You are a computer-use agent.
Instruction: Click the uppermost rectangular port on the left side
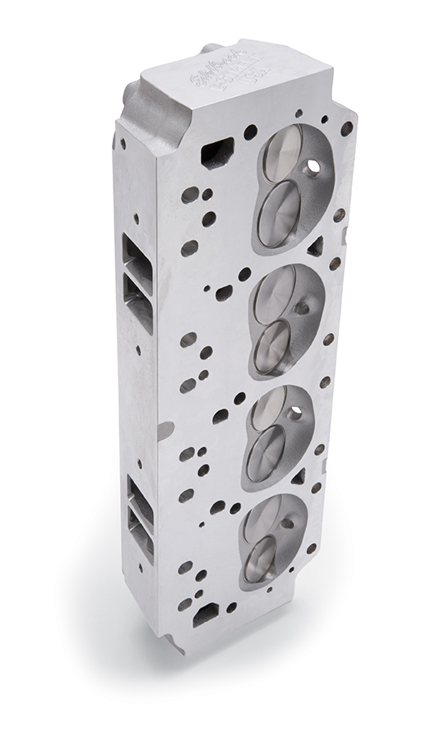[136, 254]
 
